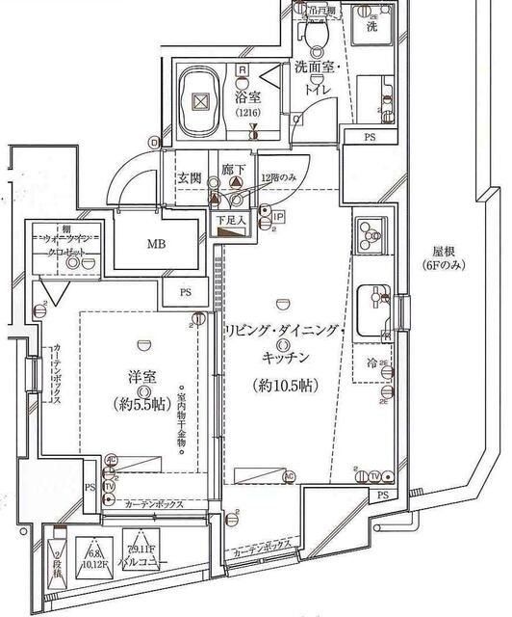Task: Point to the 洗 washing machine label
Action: pyautogui.click(x=371, y=28)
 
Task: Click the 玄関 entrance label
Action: pyautogui.click(x=189, y=179)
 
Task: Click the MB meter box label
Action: pyautogui.click(x=156, y=244)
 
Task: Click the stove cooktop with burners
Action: pyautogui.click(x=371, y=233)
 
